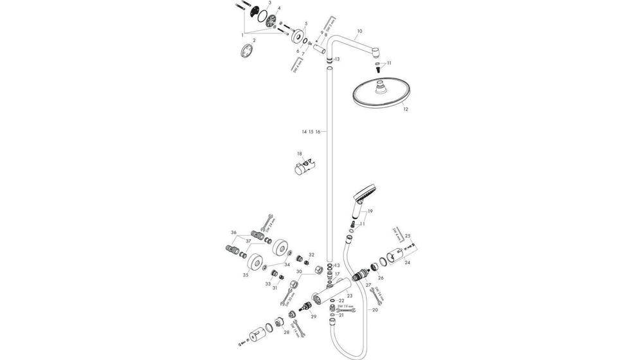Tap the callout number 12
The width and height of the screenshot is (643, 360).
point(405,110)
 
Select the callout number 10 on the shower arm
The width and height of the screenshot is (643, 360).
point(359,31)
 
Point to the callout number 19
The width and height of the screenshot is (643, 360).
point(370,212)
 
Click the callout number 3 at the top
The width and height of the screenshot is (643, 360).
point(269,4)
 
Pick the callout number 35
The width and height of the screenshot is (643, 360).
point(246,274)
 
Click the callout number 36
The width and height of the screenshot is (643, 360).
point(234,232)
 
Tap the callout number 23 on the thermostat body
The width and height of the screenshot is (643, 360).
point(350,296)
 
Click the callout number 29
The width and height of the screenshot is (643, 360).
point(314,317)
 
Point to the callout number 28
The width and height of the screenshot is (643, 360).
point(285,332)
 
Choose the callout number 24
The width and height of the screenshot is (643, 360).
point(408,262)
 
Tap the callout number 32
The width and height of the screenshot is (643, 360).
point(311,255)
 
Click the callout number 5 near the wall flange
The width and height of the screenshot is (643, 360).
point(306,24)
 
